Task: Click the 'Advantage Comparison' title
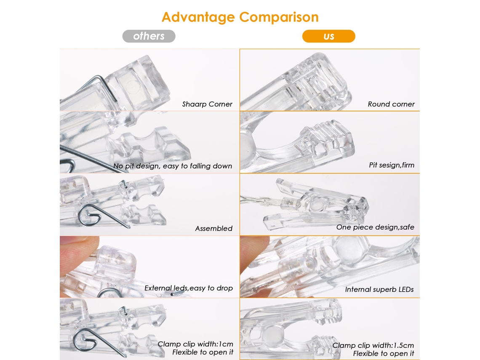(240, 17)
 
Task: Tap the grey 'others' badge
(149, 36)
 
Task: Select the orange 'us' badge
(328, 36)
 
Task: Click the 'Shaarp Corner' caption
(207, 104)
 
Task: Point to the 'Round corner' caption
(391, 104)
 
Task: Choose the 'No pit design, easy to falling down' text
(173, 166)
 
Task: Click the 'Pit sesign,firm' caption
(392, 165)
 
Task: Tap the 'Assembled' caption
(213, 228)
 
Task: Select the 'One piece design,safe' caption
(375, 227)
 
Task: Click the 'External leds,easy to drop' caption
(189, 288)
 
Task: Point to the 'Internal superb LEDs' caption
(379, 289)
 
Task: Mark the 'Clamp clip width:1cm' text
(195, 344)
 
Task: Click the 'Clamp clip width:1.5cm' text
(373, 345)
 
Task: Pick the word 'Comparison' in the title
(279, 17)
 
